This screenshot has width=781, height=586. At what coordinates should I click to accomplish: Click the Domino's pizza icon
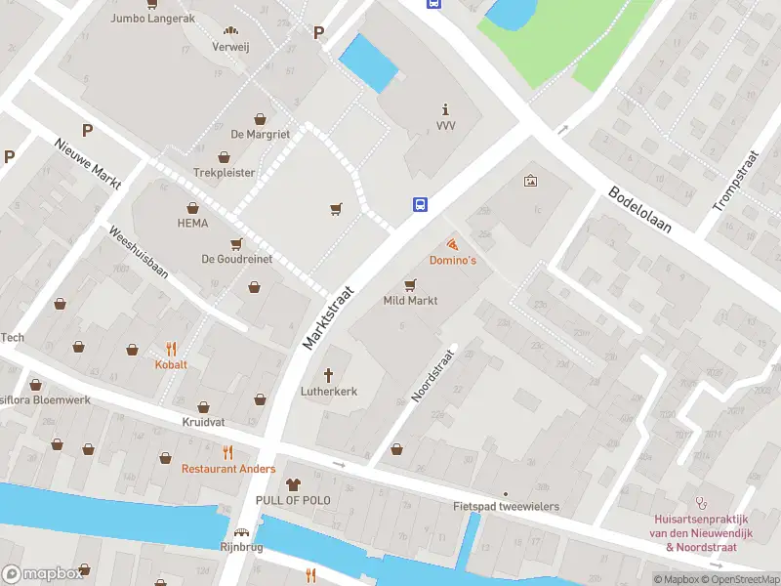pos(452,243)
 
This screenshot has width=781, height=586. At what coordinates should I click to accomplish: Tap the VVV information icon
pos(446,109)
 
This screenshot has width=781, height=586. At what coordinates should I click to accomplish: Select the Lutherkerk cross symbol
pos(328,374)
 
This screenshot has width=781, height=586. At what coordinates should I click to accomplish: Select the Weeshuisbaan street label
pos(140,254)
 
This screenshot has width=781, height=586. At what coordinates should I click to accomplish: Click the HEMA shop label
pos(193,223)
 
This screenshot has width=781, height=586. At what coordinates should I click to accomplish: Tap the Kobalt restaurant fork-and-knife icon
pos(171,348)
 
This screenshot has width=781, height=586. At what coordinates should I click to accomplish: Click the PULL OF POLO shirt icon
pos(293,484)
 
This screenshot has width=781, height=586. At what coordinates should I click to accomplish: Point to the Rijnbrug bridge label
pos(241,547)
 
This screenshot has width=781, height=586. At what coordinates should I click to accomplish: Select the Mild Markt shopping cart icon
pos(410,284)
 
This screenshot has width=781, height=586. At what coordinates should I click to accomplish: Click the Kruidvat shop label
pos(203,422)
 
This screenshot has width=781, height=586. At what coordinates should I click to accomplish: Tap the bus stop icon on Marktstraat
pos(420,204)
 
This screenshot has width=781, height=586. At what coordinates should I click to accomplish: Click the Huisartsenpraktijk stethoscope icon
pos(700,502)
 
